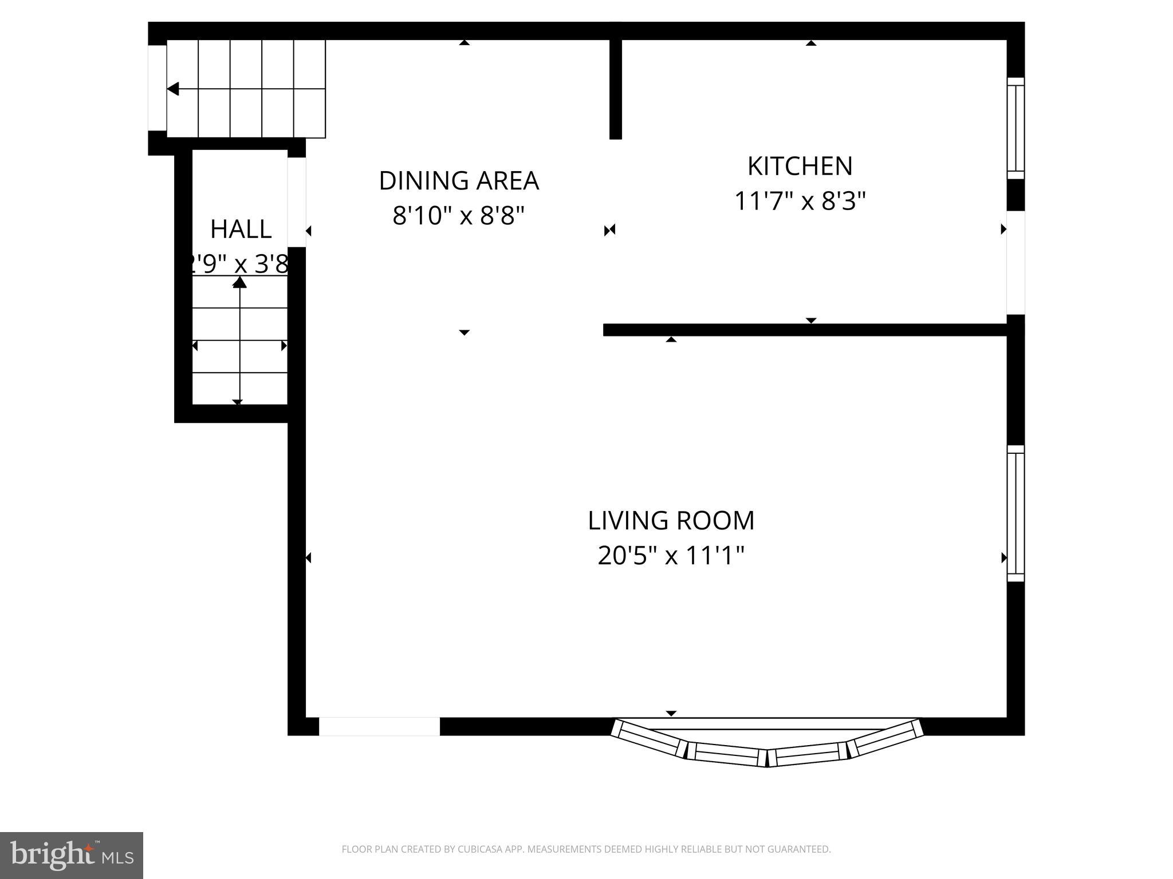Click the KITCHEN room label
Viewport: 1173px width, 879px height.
coord(800,166)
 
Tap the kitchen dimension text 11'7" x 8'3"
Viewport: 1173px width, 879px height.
coord(800,201)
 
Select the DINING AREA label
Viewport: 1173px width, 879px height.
coord(459,180)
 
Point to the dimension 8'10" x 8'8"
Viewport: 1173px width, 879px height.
coord(459,216)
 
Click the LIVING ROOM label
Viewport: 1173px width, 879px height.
coord(671,520)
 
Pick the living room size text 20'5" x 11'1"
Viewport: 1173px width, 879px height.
coord(671,555)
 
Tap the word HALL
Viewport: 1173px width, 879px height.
coord(241,229)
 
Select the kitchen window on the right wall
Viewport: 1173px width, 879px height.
coord(1015,128)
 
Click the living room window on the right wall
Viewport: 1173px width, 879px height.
coord(1015,513)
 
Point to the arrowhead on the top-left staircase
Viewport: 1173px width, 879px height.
coord(172,89)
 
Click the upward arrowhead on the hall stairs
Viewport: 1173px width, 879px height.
coord(239,282)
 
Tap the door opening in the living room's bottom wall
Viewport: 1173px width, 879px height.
coord(379,726)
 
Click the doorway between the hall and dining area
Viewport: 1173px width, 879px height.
coord(296,202)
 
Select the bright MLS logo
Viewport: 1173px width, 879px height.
coord(71,855)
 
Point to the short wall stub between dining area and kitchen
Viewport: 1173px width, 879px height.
coord(616,89)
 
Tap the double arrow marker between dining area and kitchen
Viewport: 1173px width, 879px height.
coord(609,230)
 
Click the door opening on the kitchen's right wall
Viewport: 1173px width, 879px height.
coord(1015,263)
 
